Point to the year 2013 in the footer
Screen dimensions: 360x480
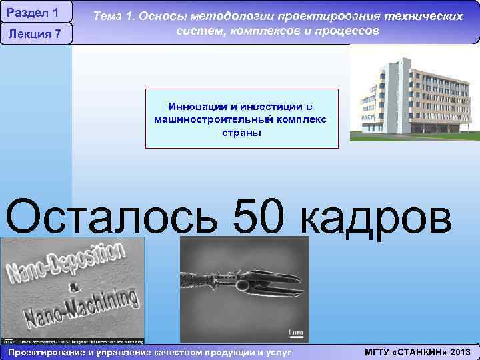[x=459, y=352]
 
